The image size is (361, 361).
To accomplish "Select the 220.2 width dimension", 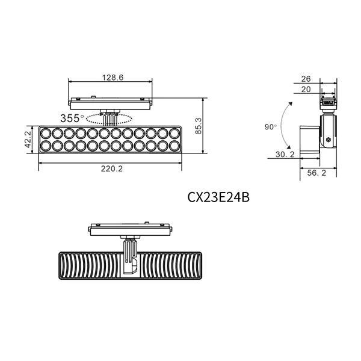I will point(111,169).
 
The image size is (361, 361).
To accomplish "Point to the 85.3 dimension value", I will point(207,125).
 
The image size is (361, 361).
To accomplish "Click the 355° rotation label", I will point(72,117).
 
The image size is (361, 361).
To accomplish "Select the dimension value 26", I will point(306,78).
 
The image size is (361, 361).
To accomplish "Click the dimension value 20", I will point(306,89).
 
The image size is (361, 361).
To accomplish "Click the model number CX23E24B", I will point(218,197).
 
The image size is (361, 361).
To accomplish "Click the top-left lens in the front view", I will point(45,133).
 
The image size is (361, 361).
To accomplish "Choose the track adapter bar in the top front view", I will point(111,103).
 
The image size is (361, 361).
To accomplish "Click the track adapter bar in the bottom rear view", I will point(130,230).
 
